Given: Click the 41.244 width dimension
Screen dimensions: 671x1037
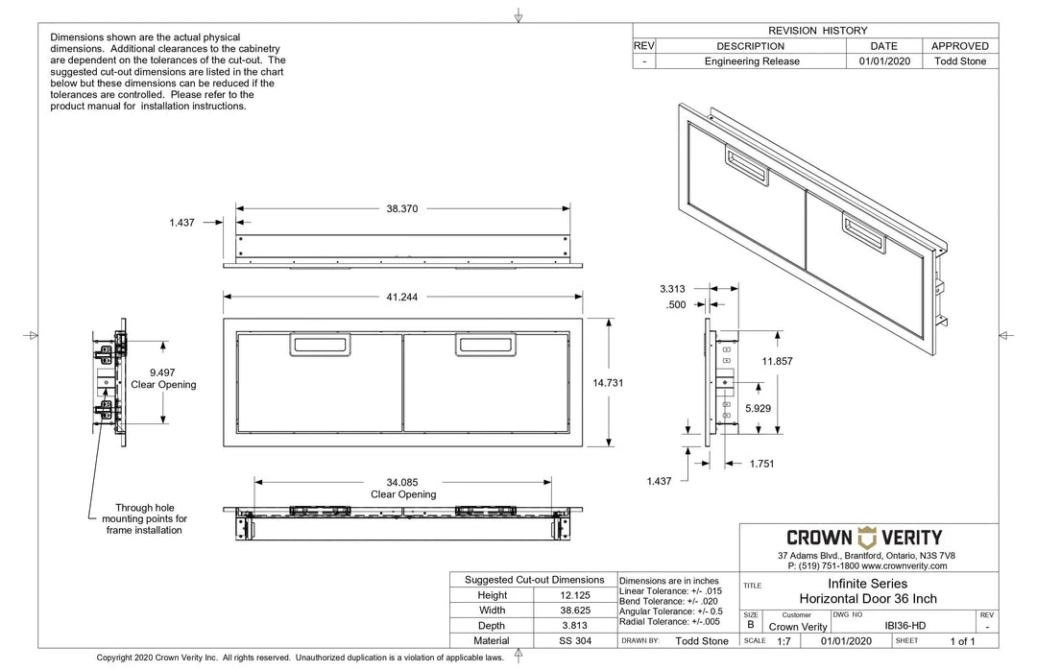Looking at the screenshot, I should pos(401,298).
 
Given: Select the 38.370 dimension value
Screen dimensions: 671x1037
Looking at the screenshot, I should pos(401,207).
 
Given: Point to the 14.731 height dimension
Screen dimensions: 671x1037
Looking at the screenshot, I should pos(609,383).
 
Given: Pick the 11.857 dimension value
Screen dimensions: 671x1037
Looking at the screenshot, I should pos(778,360).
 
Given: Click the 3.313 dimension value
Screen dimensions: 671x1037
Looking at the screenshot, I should pos(672,288).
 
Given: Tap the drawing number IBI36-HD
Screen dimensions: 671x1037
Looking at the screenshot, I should pos(905,626).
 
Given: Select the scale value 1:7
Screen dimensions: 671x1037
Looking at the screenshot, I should pos(784,641).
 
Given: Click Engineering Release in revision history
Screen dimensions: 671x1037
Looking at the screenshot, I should pos(752,61).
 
